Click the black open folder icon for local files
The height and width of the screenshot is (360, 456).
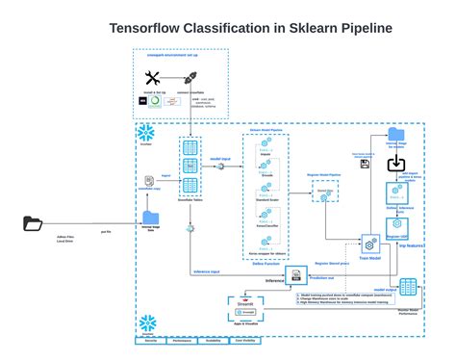(x=34, y=224)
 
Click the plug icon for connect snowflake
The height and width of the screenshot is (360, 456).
(x=190, y=77)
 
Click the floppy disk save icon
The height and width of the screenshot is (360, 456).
(x=365, y=165)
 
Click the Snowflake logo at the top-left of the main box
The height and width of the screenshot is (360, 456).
(x=147, y=132)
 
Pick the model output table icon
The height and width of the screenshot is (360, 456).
(x=408, y=286)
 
